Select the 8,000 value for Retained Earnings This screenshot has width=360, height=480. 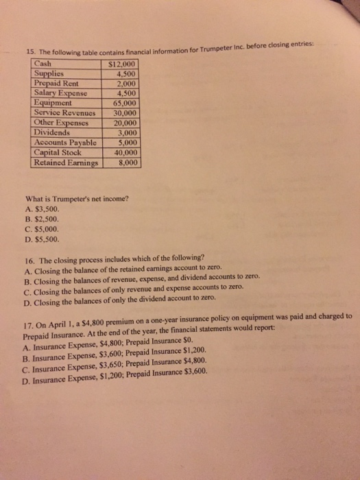tap(129, 163)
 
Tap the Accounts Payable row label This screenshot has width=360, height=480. tap(65, 143)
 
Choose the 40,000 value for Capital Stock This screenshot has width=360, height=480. tap(128, 152)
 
